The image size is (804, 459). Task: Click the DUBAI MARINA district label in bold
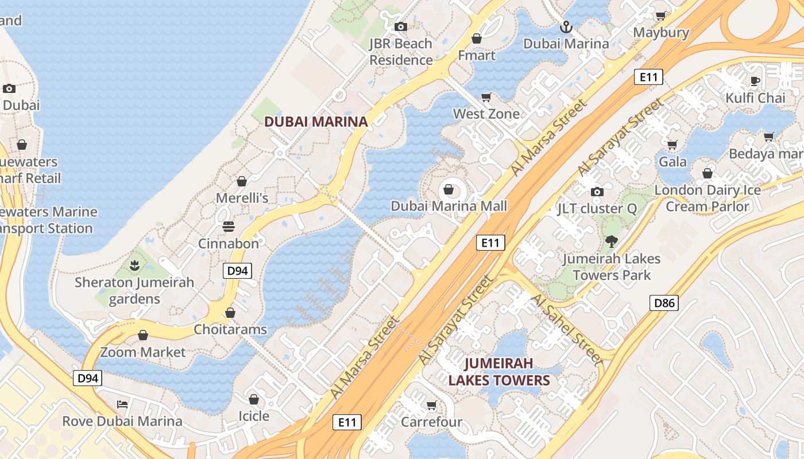point(315,122)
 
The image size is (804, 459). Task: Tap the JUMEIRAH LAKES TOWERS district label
point(498,372)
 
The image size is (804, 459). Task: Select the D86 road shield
point(664,303)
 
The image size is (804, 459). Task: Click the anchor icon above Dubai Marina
point(566,27)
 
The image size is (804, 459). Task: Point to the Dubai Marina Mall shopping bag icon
point(449,189)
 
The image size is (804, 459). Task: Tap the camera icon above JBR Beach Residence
point(400,26)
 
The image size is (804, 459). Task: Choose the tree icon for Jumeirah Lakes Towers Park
point(611,242)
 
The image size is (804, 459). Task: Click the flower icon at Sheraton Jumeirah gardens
point(134,266)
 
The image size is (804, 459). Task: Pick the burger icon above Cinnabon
point(228,227)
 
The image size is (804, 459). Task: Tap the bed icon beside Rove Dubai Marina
point(122,404)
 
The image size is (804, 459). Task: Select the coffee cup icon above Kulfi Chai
point(755,81)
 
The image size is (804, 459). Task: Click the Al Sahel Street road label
point(566,330)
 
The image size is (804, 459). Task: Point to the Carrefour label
point(431,422)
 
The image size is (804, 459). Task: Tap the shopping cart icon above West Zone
point(486,97)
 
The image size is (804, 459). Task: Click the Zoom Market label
point(143,352)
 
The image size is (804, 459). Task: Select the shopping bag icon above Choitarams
point(230,313)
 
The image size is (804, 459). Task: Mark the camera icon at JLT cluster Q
point(597,192)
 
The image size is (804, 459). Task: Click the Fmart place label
point(476,55)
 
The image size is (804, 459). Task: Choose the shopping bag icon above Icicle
point(254,399)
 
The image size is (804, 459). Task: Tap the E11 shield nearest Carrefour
point(347,423)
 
